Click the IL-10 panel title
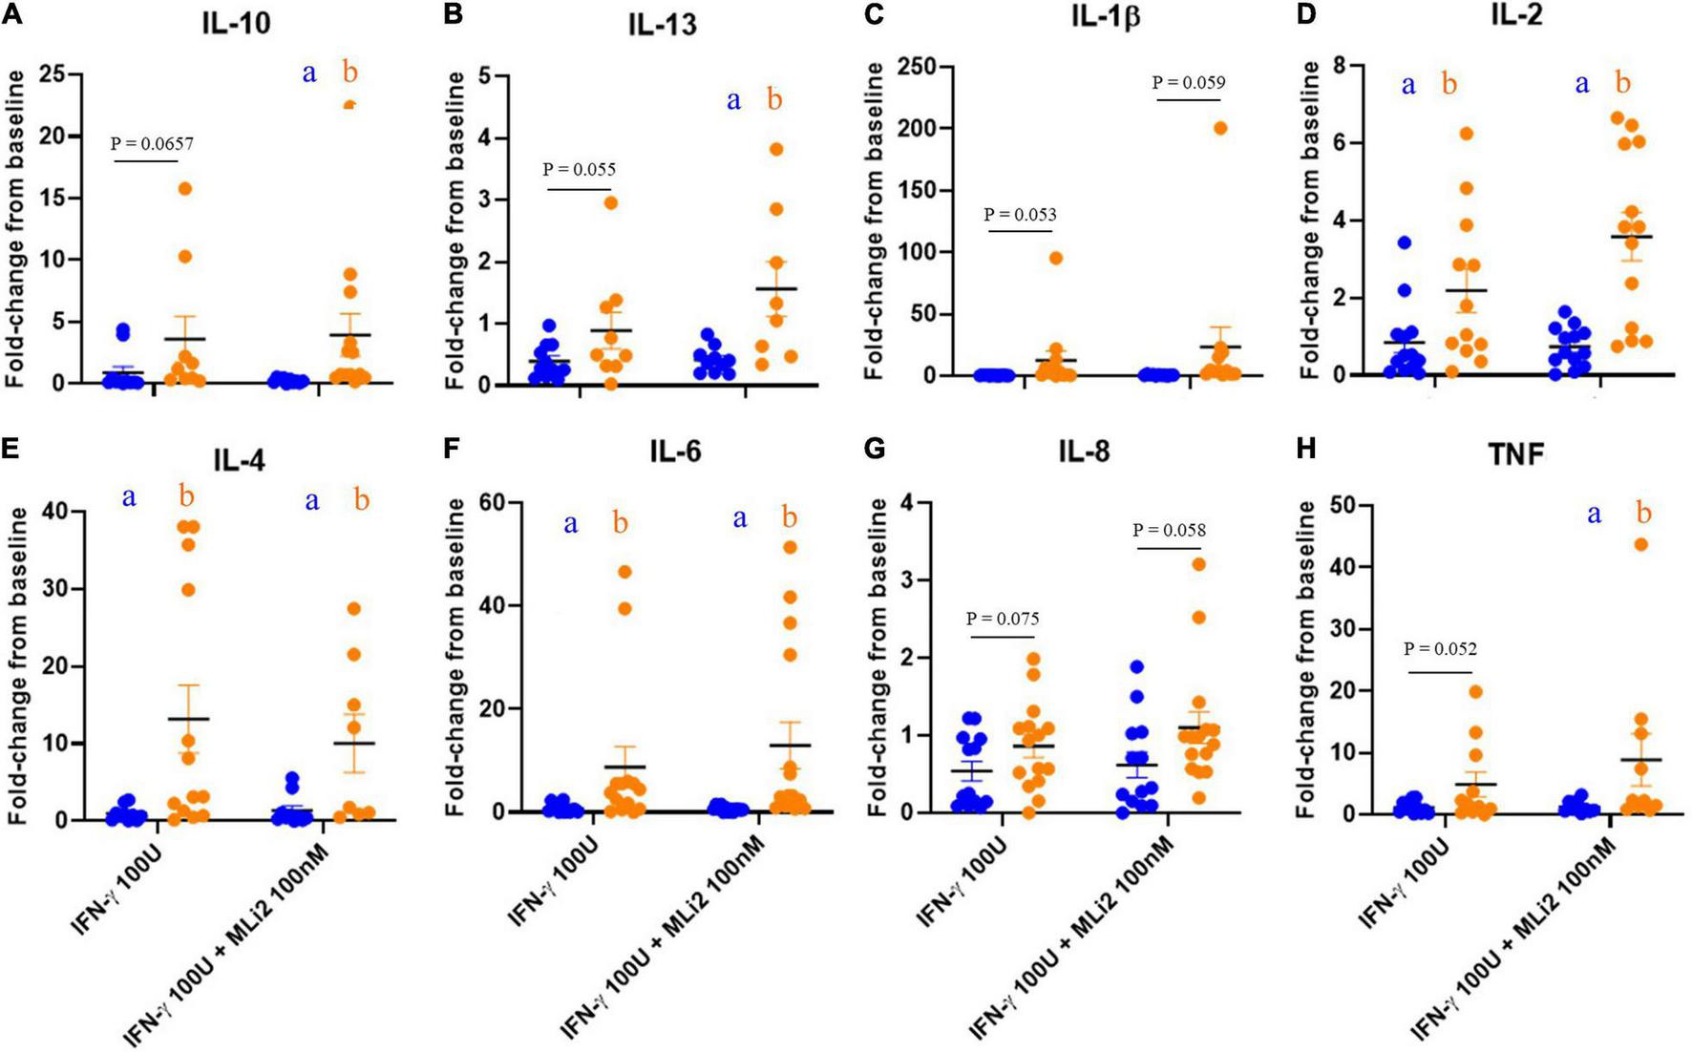click(236, 22)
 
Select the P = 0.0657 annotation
click(152, 144)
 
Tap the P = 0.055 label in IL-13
click(580, 170)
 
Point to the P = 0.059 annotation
click(1189, 83)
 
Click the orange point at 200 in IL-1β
click(1220, 129)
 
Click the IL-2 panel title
click(1515, 16)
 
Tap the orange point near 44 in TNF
click(1641, 545)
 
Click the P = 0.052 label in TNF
click(1440, 650)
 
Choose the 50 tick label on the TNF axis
click(1334, 505)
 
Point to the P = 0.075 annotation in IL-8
click(1003, 620)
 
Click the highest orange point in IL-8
click(1199, 564)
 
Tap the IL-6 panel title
click(675, 451)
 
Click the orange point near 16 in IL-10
click(185, 189)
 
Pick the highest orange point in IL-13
click(776, 149)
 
